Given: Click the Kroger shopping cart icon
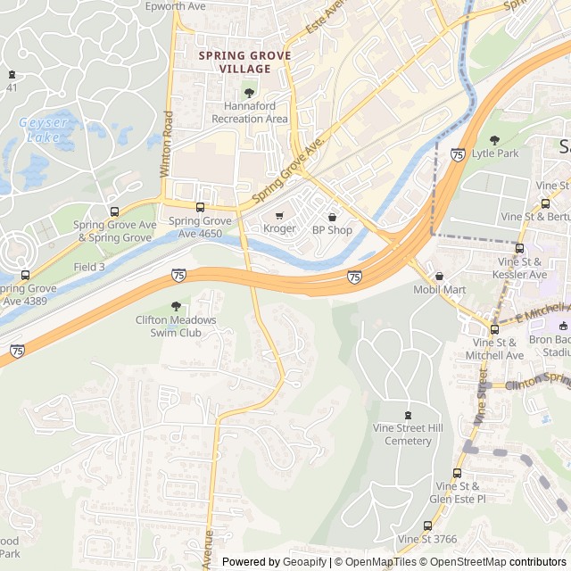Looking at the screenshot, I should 279,215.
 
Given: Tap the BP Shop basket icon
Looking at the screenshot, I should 332,216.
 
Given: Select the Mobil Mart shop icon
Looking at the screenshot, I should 439,276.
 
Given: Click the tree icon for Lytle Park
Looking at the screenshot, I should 494,140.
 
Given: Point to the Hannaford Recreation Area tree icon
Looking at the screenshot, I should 249,92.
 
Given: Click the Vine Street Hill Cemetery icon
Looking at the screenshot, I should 409,414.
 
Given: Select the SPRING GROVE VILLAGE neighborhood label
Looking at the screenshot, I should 244,62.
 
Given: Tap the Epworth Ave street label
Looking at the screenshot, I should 176,6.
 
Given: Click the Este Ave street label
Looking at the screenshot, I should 325,17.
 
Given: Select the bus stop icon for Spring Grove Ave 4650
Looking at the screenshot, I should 200,207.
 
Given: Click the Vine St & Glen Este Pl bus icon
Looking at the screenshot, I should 457,473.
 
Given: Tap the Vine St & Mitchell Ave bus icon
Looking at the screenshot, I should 493,329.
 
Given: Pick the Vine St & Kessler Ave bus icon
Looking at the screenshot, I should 519,248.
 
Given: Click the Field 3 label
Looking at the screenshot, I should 89,267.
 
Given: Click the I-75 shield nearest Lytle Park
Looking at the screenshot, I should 458,154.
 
